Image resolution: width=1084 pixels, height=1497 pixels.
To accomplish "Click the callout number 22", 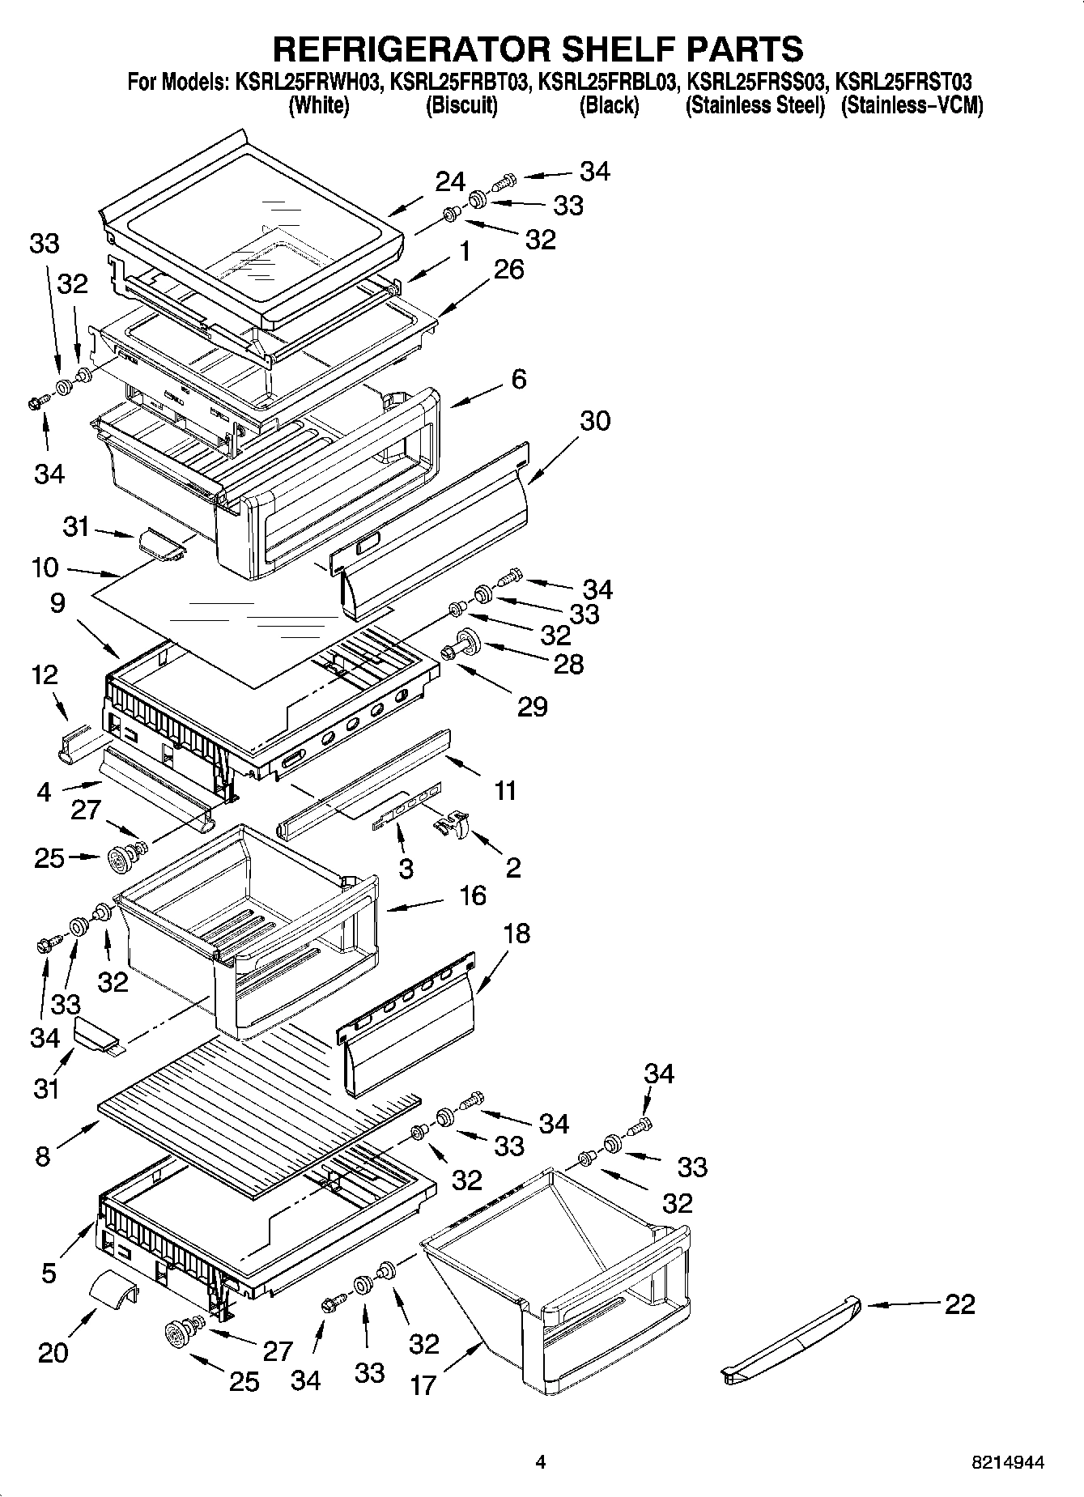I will pyautogui.click(x=959, y=1304).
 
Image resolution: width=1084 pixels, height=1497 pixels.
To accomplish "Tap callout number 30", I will pyautogui.click(x=594, y=421).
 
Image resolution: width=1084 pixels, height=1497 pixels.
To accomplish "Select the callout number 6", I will pyautogui.click(x=519, y=379).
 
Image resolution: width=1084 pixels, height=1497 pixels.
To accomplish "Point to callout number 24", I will pyautogui.click(x=450, y=182).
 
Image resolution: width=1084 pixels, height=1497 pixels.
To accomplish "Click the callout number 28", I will pyautogui.click(x=568, y=664).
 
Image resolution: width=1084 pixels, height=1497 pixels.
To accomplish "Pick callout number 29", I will pyautogui.click(x=532, y=706).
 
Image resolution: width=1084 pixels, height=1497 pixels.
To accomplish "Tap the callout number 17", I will pyautogui.click(x=423, y=1384).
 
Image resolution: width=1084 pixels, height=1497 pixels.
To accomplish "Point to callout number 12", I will pyautogui.click(x=45, y=674).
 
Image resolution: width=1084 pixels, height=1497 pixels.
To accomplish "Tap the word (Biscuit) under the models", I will pyautogui.click(x=461, y=105).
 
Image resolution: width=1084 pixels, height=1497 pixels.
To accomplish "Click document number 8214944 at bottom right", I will pyautogui.click(x=1007, y=1462).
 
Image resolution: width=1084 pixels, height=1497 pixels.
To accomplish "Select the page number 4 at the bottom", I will pyautogui.click(x=541, y=1462).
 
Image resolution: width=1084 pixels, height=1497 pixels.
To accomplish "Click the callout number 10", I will pyautogui.click(x=45, y=568).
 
